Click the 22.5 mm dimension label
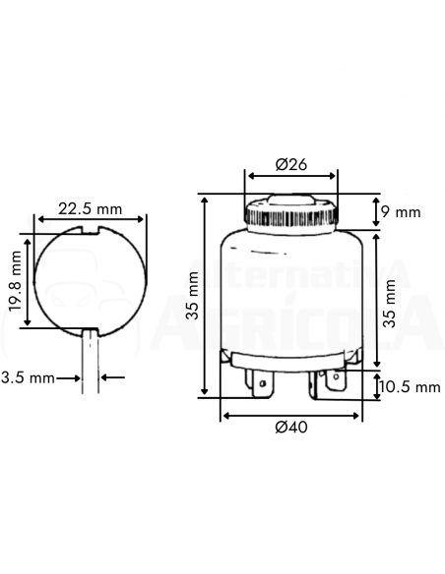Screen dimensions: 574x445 pos(90,208)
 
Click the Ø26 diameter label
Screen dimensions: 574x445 pos(290,164)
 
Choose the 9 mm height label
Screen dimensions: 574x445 pos(401,211)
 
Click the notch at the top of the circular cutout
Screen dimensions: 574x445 pos(90,233)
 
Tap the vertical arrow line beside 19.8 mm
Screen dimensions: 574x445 pos(30,281)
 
